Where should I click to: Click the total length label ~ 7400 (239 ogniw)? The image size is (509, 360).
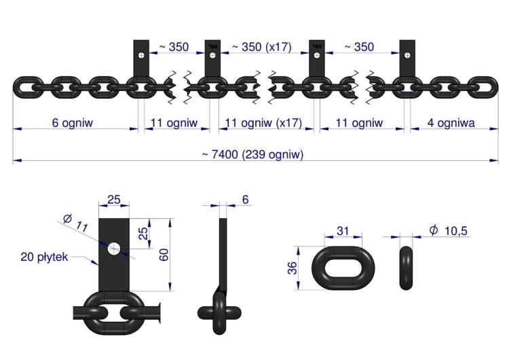point(252,154)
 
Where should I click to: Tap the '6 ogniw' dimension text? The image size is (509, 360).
point(73,123)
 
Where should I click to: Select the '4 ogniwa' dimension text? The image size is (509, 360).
point(451,123)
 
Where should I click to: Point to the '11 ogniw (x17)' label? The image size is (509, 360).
point(263,123)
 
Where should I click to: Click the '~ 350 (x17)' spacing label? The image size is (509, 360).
point(262,47)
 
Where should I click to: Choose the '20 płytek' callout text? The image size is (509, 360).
point(45,257)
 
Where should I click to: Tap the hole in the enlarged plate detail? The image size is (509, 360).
point(114,249)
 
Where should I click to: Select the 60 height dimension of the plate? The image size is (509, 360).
point(164,255)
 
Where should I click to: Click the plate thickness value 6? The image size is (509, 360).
point(246,200)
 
